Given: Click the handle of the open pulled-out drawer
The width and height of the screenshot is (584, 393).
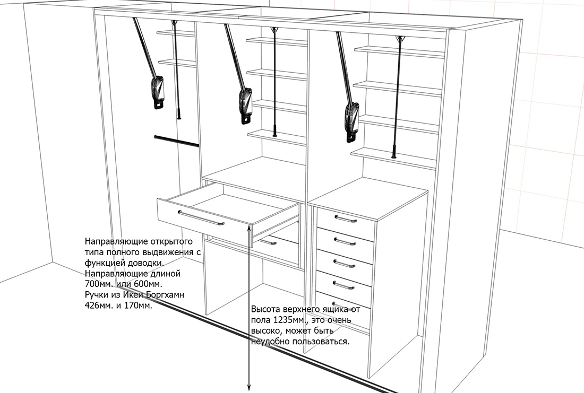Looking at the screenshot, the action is click(201, 219).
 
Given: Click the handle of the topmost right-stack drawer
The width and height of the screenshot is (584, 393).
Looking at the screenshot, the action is click(346, 219).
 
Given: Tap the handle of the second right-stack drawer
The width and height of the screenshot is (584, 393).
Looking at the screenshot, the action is click(345, 241).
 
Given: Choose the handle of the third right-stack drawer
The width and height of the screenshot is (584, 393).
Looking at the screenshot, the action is click(344, 264).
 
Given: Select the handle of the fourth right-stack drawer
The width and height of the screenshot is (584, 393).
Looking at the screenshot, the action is click(343, 285).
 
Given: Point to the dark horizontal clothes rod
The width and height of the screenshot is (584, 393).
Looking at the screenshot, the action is click(176, 142).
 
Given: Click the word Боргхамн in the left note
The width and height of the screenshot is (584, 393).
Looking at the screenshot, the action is click(165, 295).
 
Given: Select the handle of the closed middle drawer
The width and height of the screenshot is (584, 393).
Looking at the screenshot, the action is click(268, 242).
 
